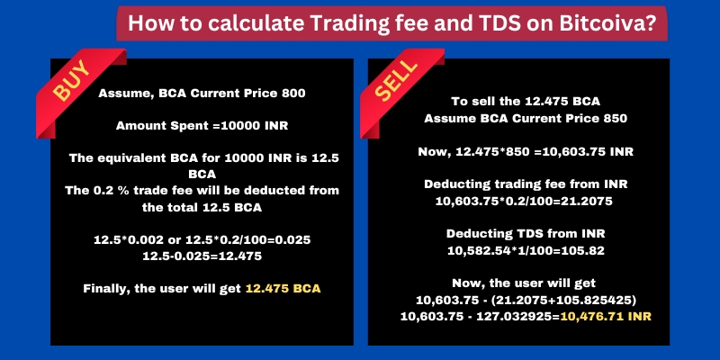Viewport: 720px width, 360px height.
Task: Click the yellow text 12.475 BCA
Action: pyautogui.click(x=283, y=289)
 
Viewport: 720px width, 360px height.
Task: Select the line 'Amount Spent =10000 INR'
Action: pyautogui.click(x=202, y=126)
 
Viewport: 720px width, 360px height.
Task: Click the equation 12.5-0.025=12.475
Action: pyautogui.click(x=202, y=256)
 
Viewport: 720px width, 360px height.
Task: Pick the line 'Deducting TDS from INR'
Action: pyautogui.click(x=526, y=234)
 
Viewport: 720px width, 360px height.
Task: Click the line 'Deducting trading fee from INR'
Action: pyautogui.click(x=526, y=184)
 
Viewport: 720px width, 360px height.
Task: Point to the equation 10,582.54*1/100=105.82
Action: pyautogui.click(x=526, y=251)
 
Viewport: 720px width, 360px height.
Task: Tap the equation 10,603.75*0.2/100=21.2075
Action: pyautogui.click(x=524, y=201)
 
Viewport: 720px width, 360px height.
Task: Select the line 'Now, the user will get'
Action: pyautogui.click(x=524, y=283)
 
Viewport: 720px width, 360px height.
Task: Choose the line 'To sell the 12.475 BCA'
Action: pyautogui.click(x=526, y=102)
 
